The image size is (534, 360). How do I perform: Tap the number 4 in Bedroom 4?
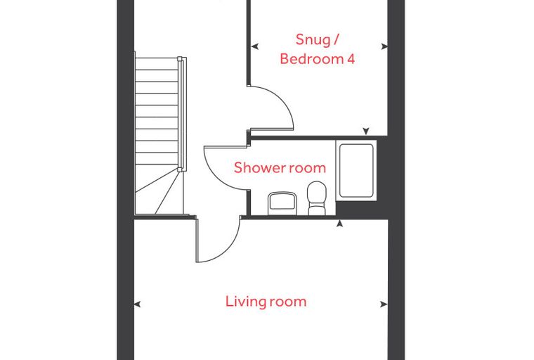(351, 59)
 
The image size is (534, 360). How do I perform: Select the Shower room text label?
(280, 167)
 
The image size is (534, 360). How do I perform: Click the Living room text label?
(266, 302)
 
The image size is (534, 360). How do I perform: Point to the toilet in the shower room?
(316, 198)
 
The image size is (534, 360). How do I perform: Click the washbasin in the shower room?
(282, 203)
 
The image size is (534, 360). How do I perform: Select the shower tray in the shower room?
(356, 170)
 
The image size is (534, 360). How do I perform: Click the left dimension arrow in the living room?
(137, 304)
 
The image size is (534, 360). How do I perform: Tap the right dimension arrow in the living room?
(384, 304)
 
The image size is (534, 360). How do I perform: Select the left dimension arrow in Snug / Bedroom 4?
(254, 46)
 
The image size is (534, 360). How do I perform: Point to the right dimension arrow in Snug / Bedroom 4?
(384, 46)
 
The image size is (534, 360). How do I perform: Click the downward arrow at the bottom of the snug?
(366, 131)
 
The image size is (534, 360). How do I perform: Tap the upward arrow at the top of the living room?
(339, 224)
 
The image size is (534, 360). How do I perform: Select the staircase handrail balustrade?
(182, 114)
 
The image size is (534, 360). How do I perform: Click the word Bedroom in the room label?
(312, 59)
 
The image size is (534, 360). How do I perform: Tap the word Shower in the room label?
(259, 167)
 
